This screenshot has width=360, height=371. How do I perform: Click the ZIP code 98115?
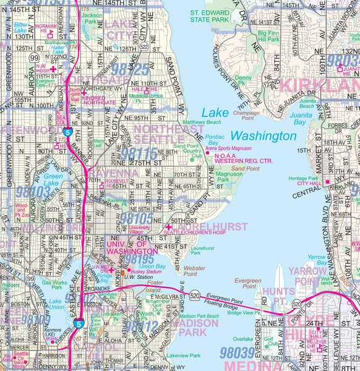click(x=143, y=153)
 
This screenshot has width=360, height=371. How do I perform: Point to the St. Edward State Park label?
click(x=209, y=15)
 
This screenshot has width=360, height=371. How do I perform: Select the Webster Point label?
click(x=194, y=270)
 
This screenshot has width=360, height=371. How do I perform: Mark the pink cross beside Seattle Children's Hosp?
click(x=168, y=227)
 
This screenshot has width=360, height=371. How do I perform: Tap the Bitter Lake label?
click(x=20, y=27)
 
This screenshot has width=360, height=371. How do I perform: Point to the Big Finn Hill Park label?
click(x=268, y=36)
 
